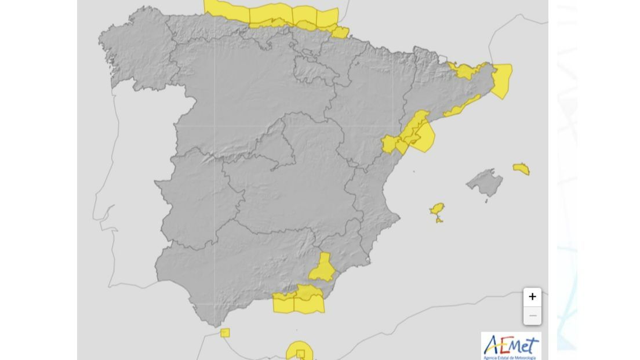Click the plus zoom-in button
(532, 297)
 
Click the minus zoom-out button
(532, 316)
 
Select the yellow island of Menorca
(521, 169)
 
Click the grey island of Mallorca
(485, 183)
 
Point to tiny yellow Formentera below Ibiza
(439, 220)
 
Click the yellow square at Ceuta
(225, 333)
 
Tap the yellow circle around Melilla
(299, 351)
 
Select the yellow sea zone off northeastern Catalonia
(502, 80)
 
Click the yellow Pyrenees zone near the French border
(466, 71)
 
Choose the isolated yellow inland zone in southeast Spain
(322, 268)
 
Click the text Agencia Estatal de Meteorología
(511, 358)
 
